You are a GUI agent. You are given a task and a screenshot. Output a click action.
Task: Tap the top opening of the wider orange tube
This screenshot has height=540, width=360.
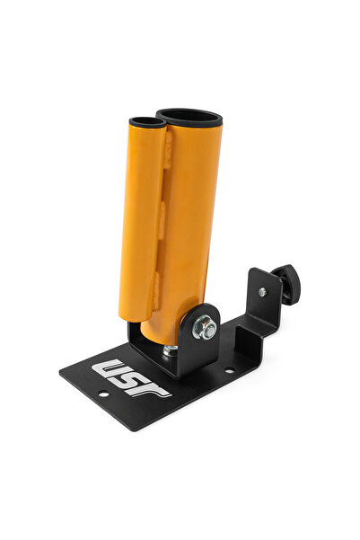point(189,117)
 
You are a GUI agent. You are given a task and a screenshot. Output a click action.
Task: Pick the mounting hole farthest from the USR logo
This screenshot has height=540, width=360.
point(230,369)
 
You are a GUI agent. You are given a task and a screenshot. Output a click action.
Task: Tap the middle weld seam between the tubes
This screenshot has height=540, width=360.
point(163,216)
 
